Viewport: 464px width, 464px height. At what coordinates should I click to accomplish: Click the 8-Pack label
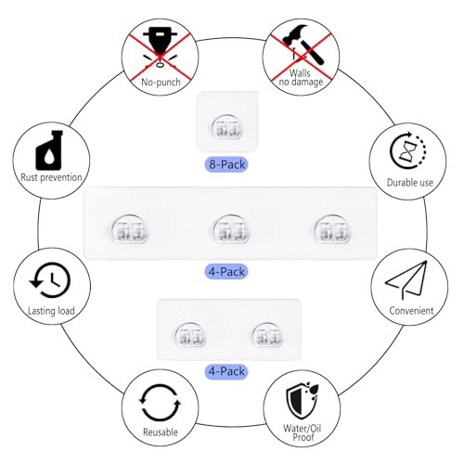pos(226,164)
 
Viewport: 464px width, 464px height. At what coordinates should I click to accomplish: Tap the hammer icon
pos(303,45)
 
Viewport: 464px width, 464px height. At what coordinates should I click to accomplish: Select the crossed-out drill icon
pos(160,46)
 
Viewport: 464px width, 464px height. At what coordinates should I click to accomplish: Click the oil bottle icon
pos(49,149)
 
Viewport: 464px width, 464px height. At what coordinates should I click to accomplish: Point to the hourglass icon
pos(407,150)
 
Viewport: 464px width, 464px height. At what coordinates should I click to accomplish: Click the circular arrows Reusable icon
pos(160,403)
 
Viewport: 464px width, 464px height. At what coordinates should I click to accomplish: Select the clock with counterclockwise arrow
pos(50,280)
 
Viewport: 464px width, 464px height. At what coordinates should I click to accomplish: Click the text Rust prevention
pos(51,177)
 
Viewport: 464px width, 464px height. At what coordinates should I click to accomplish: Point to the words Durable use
pos(410,183)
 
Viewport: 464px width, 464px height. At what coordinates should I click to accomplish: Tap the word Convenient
pos(411,311)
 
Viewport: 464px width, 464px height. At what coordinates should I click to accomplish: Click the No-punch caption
pos(161,82)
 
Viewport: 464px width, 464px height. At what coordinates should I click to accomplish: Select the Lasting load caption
pos(51,311)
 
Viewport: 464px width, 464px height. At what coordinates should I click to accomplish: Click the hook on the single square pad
pos(227,126)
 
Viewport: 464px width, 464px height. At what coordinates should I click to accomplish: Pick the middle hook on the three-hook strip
pos(232,229)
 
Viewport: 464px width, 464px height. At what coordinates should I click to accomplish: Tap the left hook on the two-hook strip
pos(190,335)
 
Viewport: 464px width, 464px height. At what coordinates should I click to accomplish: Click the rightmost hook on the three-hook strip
pos(332,229)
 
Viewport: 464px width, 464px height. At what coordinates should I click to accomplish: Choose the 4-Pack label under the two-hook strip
pos(226,371)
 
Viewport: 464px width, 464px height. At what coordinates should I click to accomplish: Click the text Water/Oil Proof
pos(302,432)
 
